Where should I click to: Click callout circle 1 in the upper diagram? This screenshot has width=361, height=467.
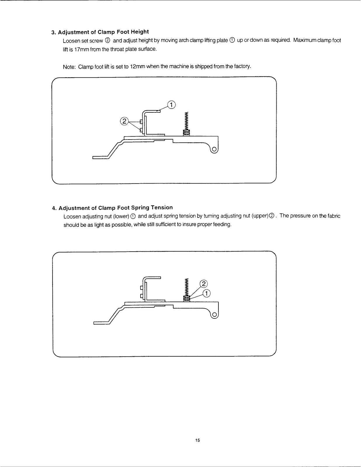click(x=171, y=105)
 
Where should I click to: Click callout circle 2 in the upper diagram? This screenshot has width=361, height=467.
click(x=124, y=121)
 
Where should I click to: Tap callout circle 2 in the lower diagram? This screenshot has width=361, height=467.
click(x=204, y=284)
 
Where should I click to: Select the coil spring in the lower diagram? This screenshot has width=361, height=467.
click(x=186, y=287)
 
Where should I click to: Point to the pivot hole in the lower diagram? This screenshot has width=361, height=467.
click(x=214, y=315)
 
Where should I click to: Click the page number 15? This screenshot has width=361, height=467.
click(x=198, y=440)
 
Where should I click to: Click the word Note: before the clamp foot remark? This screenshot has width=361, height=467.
click(x=69, y=67)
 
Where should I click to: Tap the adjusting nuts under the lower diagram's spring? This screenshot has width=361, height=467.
click(x=186, y=299)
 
